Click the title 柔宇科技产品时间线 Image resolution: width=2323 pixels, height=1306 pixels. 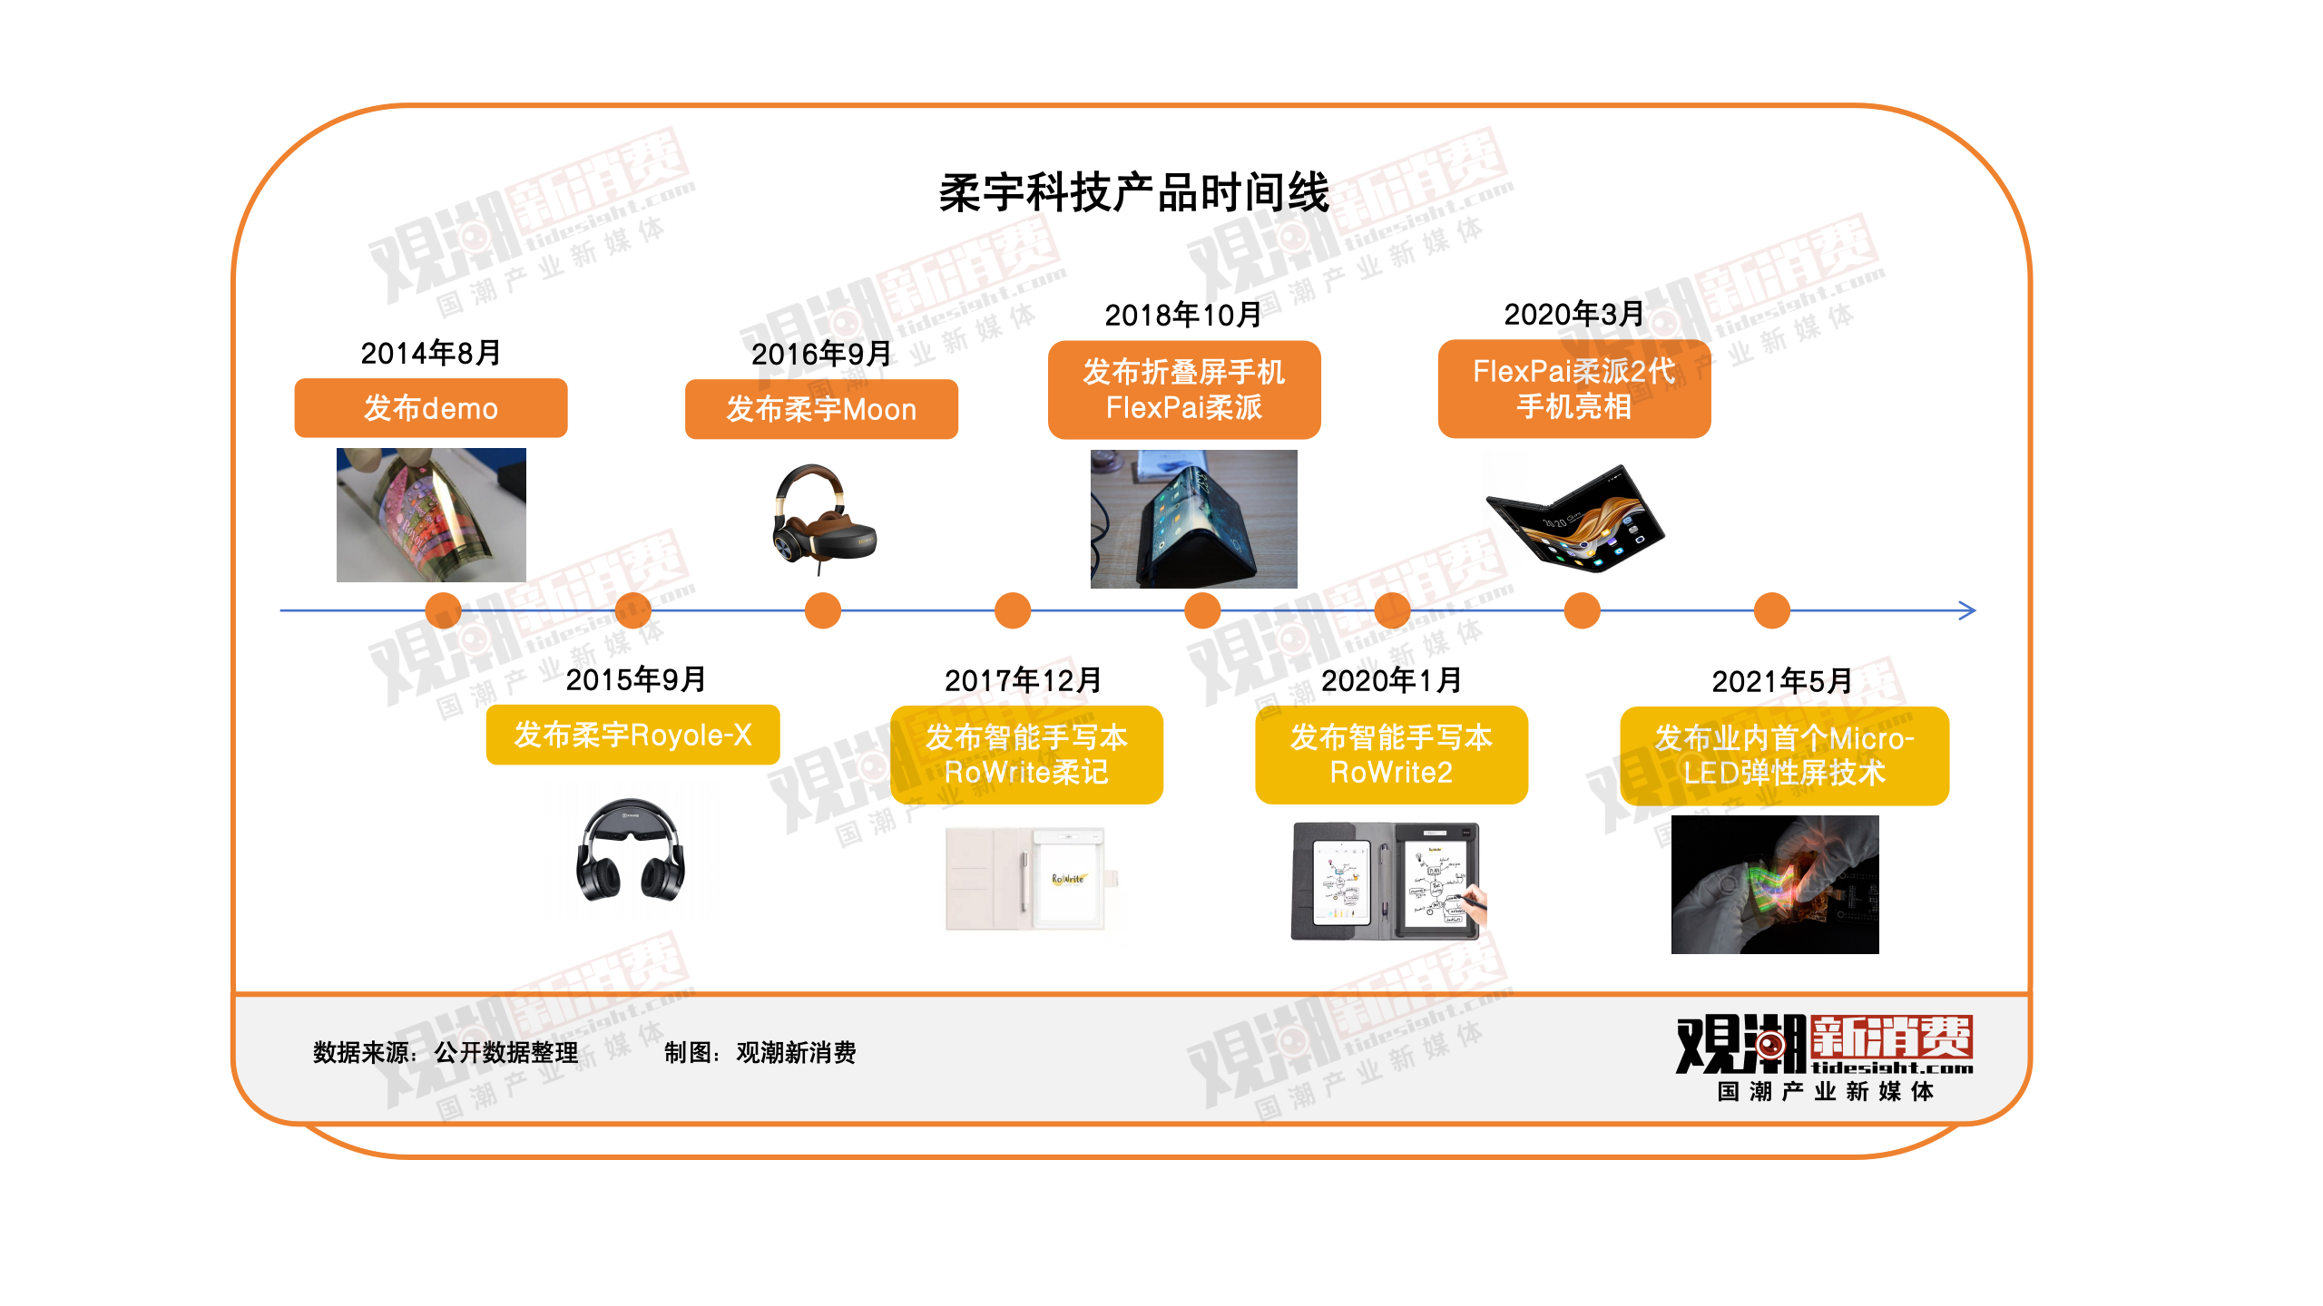click(1133, 192)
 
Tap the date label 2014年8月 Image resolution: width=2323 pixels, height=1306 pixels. click(430, 353)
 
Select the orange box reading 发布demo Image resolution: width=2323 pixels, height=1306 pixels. click(430, 408)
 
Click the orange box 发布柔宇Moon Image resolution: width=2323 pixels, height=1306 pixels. click(820, 409)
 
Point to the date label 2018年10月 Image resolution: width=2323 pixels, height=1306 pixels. click(1182, 315)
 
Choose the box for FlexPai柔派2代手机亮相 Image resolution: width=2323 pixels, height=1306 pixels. click(1573, 388)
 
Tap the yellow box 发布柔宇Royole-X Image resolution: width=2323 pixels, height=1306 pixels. click(632, 735)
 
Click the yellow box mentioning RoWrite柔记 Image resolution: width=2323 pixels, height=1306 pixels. click(1026, 755)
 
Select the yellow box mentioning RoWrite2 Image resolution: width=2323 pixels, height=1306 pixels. click(1391, 755)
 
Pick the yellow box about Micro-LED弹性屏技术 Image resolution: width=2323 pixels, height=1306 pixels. click(1784, 755)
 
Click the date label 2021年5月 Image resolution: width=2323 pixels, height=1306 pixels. click(1781, 681)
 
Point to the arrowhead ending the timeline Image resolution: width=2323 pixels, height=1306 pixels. click(1967, 610)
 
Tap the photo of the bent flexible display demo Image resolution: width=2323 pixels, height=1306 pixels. click(431, 514)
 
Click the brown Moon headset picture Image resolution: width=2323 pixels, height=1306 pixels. click(823, 518)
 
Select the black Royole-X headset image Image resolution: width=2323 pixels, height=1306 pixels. click(631, 853)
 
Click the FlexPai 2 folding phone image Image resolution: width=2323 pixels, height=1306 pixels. click(1574, 518)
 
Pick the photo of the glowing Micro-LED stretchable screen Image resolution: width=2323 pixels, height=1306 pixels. click(1774, 884)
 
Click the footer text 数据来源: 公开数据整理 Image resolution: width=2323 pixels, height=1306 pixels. click(446, 1052)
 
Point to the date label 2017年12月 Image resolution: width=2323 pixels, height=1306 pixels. click(1023, 680)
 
